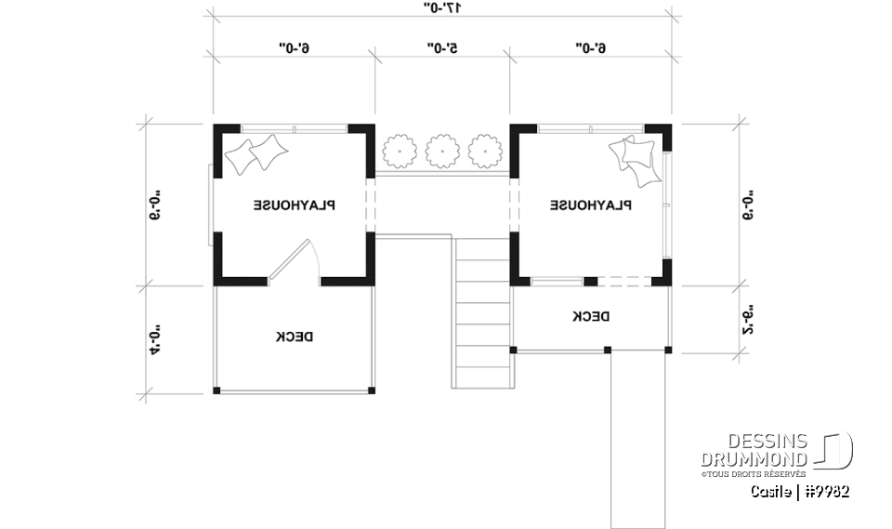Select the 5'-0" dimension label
pyautogui.click(x=442, y=46)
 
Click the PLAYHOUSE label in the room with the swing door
pyautogui.click(x=295, y=205)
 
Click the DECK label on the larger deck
pyautogui.click(x=294, y=337)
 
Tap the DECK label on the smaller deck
pyautogui.click(x=591, y=317)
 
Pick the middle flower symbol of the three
pyautogui.click(x=441, y=150)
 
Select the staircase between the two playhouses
pyautogui.click(x=481, y=311)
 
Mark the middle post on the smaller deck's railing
pyautogui.click(x=607, y=350)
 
